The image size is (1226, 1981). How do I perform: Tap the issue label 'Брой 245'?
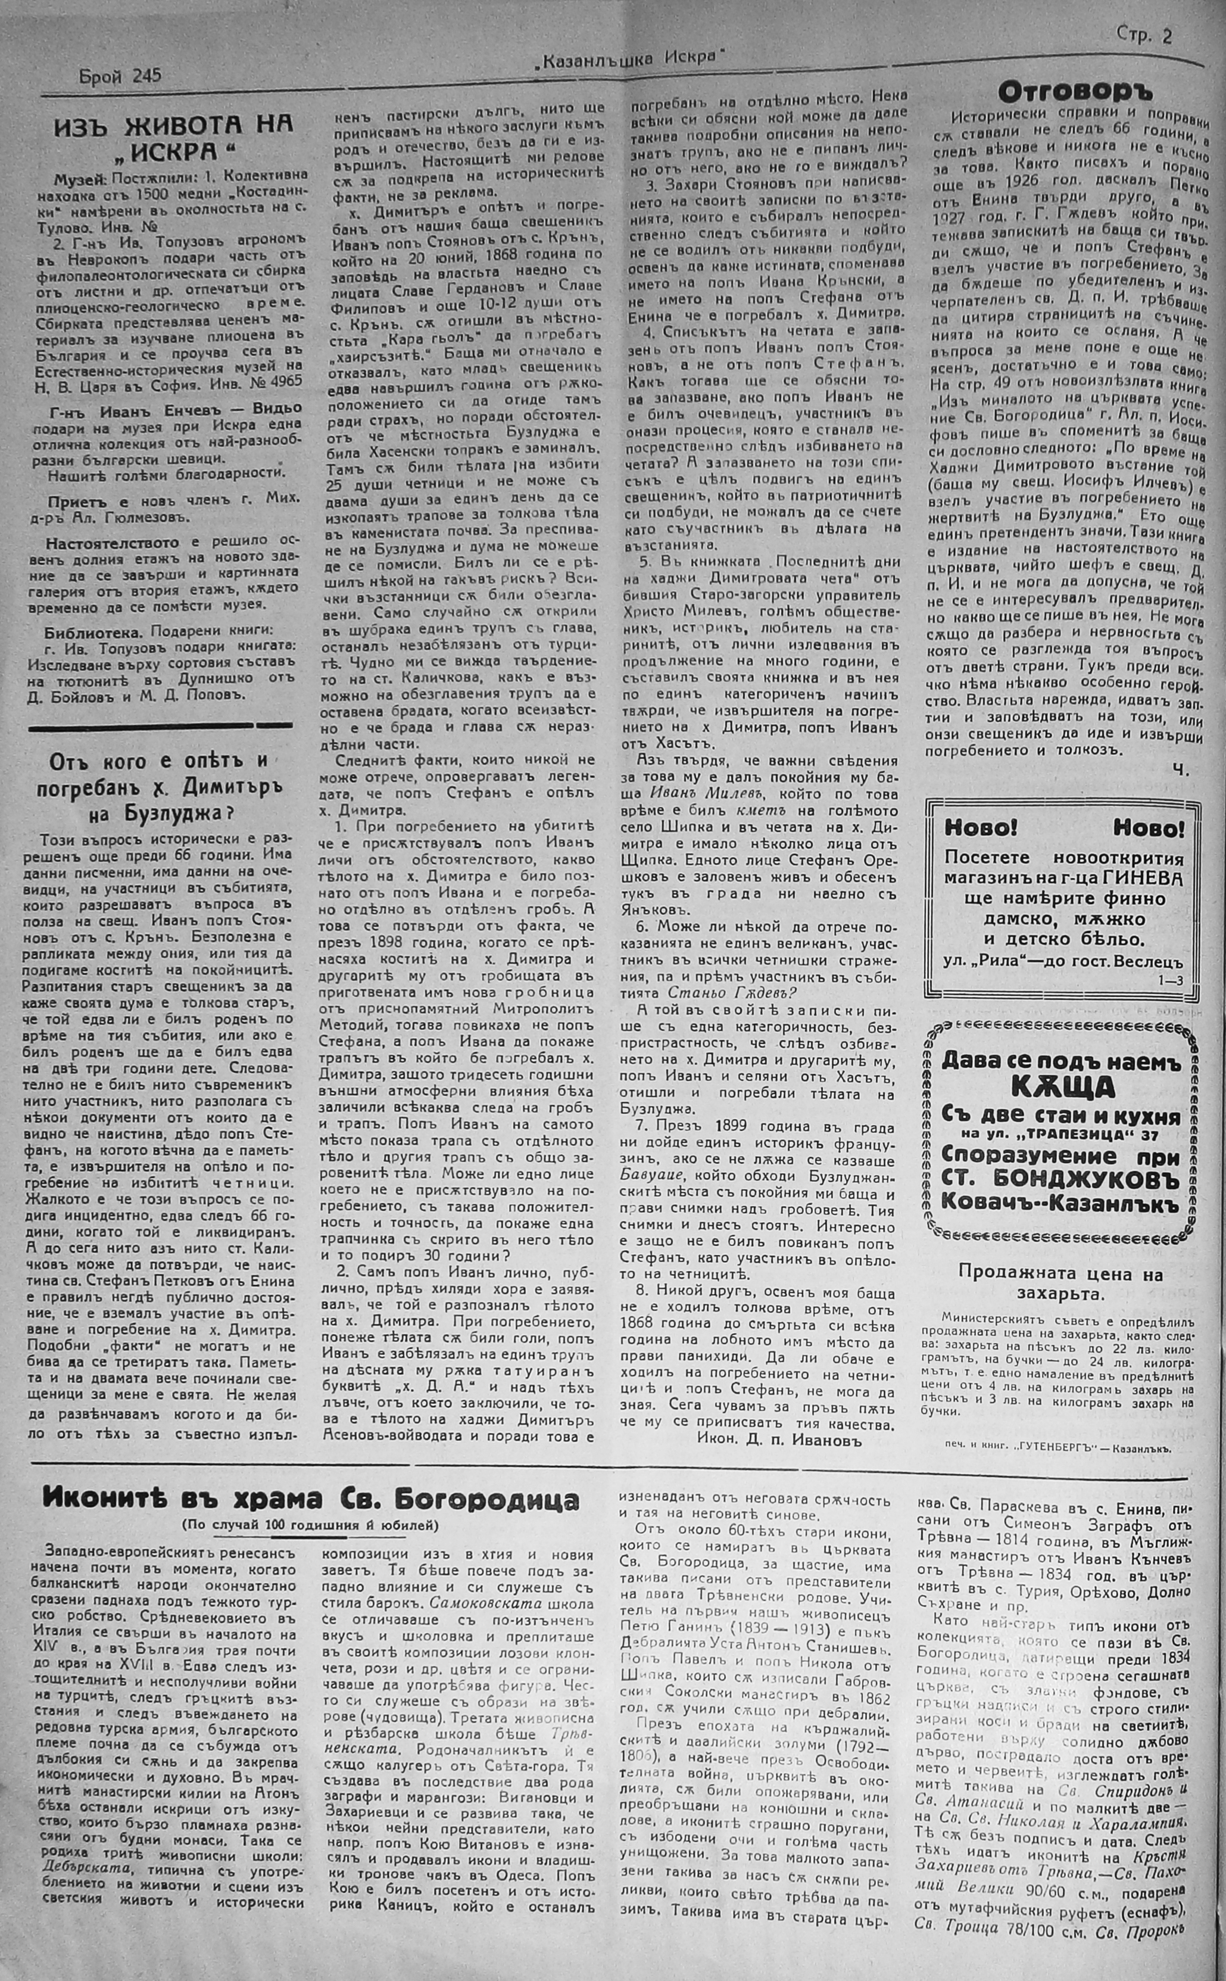(x=120, y=76)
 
